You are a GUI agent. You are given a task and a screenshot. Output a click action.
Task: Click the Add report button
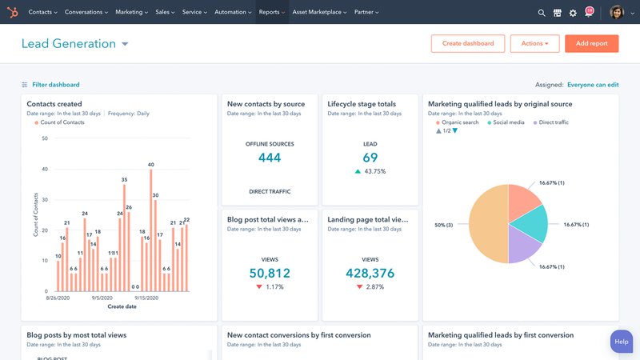[x=591, y=43]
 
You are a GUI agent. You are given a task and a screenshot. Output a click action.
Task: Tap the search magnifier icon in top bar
[x=542, y=13]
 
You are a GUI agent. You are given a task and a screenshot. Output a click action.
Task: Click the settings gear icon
[x=573, y=13]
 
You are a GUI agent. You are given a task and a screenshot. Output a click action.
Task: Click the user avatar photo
[x=616, y=12]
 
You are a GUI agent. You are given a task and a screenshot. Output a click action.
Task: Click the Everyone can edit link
[x=592, y=84]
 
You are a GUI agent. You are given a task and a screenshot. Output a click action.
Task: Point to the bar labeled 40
[x=150, y=232]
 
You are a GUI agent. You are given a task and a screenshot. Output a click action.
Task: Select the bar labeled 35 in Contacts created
[x=124, y=240]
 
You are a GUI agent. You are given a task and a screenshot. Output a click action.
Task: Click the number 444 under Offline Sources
[x=270, y=158]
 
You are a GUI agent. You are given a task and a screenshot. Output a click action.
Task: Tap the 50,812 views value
[x=270, y=274]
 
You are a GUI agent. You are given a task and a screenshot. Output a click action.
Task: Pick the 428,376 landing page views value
[x=370, y=274]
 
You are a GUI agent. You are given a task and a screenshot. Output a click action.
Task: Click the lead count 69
[x=370, y=158]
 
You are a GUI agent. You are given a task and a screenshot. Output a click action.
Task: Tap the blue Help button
[x=622, y=342]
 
